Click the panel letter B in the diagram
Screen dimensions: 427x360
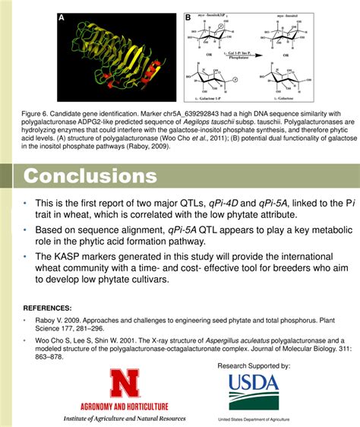188,17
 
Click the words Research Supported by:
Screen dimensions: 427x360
254,366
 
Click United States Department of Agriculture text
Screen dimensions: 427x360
254,419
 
